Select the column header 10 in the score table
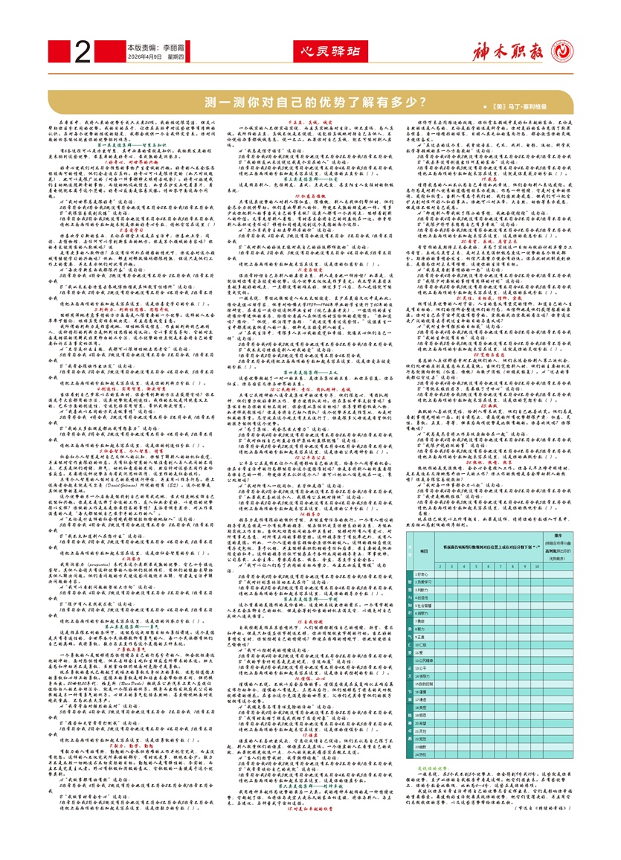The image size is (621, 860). click(535, 566)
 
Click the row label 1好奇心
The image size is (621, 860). click(424, 574)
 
